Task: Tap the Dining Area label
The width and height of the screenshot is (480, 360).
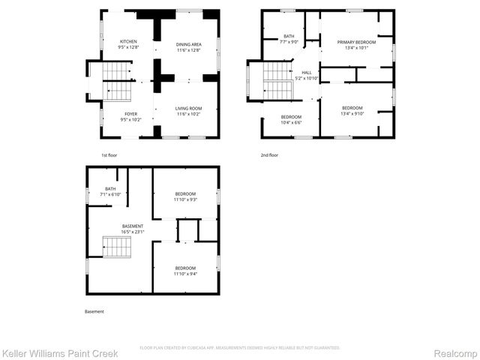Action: tap(188, 44)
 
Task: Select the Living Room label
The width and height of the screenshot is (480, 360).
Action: tap(188, 109)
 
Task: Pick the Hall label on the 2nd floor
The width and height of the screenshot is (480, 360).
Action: tap(307, 73)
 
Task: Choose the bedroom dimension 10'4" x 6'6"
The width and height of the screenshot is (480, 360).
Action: tap(291, 122)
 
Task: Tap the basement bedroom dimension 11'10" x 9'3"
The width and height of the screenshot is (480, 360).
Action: tap(185, 199)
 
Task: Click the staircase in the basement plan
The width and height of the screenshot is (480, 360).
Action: tap(116, 247)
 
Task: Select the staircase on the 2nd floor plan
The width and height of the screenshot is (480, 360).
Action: tap(277, 81)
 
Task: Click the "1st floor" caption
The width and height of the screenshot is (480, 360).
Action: tap(109, 155)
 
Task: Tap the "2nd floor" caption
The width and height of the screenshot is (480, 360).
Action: tap(269, 155)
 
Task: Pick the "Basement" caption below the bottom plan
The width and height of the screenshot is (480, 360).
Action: tap(94, 311)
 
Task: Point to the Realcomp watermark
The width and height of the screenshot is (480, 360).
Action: tap(453, 352)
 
